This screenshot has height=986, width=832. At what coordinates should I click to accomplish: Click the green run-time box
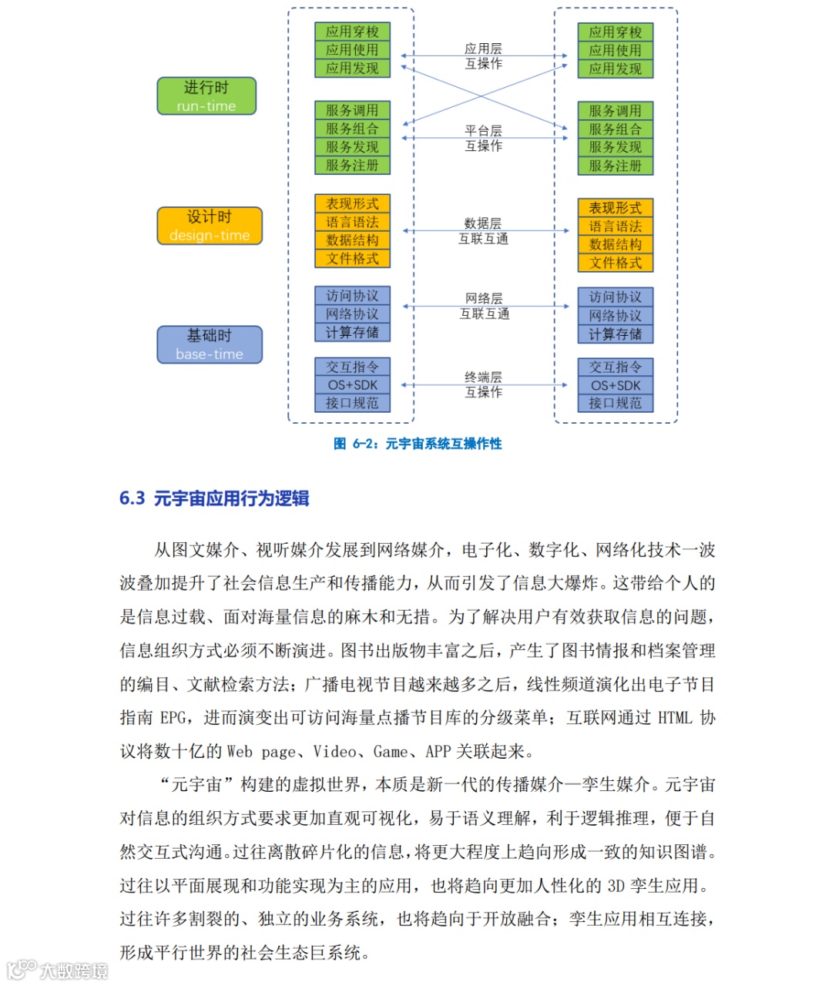point(206,96)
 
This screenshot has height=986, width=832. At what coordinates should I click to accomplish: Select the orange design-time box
point(210,226)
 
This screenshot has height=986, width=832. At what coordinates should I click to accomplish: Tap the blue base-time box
point(210,344)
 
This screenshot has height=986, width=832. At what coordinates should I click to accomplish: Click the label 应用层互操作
point(483,56)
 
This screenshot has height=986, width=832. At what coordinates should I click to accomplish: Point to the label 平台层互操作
point(483,138)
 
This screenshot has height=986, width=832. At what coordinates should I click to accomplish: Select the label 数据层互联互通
point(483,231)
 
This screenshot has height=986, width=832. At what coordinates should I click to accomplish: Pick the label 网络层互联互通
point(484,306)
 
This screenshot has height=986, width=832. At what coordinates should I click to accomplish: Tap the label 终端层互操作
point(483,384)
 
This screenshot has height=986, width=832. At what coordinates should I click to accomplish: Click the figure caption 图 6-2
point(418,444)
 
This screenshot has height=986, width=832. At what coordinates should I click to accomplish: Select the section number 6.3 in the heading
point(132,498)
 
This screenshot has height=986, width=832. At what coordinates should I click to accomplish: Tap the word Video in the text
point(334,752)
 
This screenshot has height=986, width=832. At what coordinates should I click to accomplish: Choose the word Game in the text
point(390,752)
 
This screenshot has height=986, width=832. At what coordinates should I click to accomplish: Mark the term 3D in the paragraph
point(616,886)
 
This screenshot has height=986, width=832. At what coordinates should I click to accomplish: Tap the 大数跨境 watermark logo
point(58,969)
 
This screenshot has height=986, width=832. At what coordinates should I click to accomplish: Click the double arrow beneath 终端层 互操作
point(484,385)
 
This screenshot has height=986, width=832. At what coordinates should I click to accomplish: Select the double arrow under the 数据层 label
point(484,231)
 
